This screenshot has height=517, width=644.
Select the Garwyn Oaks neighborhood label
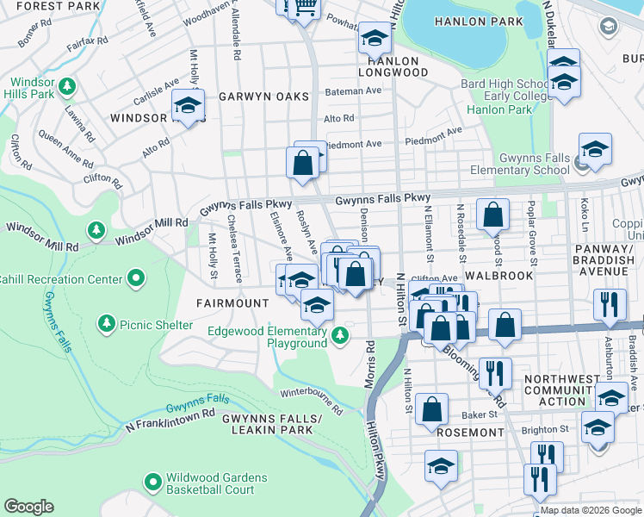coord(257,97)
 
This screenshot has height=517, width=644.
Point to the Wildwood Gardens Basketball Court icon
coord(153,481)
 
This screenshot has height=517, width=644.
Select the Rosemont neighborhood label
coord(469,432)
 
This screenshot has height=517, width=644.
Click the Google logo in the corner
coord(28,507)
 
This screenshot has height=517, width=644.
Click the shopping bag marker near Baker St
coord(431,409)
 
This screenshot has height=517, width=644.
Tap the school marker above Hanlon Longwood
coord(374,38)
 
